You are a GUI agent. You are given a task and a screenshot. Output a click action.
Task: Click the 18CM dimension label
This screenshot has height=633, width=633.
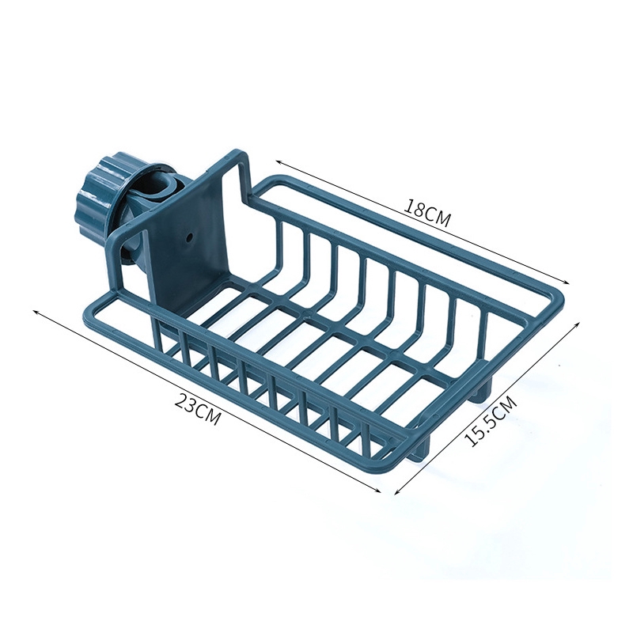click(427, 214)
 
